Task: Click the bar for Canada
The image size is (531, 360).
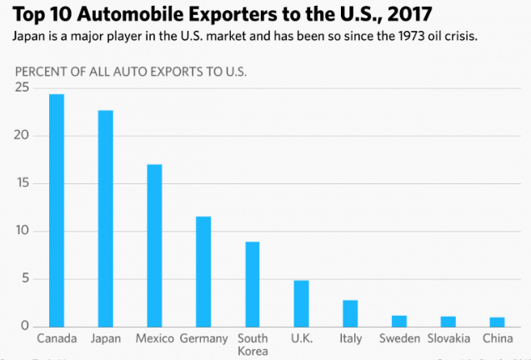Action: (x=57, y=210)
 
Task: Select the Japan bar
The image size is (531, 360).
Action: (x=105, y=218)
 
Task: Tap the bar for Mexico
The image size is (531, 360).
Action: (x=154, y=245)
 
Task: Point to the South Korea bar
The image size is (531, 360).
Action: (x=252, y=283)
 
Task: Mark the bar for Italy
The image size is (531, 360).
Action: (x=350, y=313)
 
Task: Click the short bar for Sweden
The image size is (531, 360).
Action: (x=399, y=321)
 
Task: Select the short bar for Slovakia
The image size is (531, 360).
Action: (x=448, y=321)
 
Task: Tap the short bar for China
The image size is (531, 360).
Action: (x=497, y=322)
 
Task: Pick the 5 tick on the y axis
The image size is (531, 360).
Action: (x=25, y=278)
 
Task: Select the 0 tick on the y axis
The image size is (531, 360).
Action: (x=25, y=326)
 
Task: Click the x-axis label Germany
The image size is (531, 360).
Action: (x=203, y=338)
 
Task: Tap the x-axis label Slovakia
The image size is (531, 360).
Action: (x=448, y=338)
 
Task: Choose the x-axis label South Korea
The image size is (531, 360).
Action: (x=253, y=345)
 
